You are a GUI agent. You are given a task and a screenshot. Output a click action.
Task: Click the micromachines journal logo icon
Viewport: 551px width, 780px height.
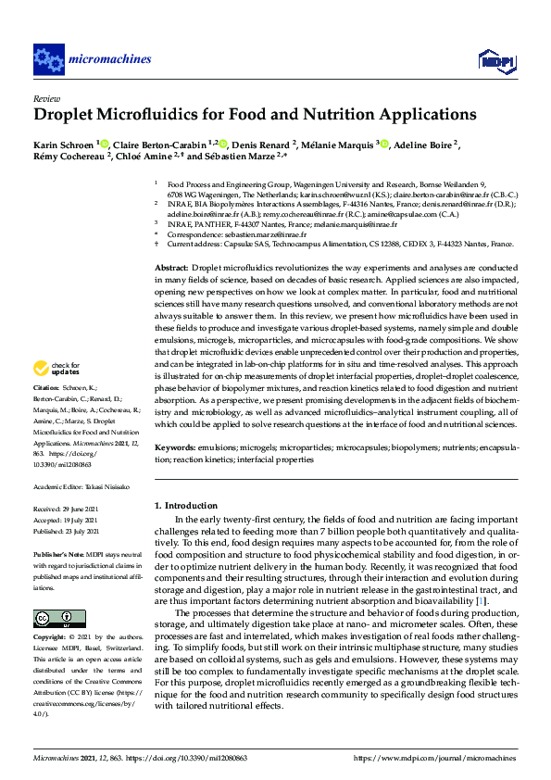pos(47,59)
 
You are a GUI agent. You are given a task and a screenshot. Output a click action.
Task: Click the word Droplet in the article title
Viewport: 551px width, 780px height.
pos(68,116)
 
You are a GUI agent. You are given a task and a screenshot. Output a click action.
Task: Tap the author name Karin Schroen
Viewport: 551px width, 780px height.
pos(64,145)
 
